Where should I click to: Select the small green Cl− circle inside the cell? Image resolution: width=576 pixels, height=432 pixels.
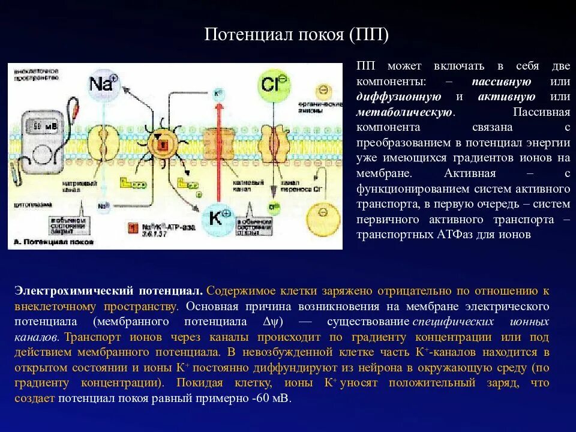(274, 208)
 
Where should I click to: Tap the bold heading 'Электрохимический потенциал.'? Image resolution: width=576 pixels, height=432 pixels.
(109, 291)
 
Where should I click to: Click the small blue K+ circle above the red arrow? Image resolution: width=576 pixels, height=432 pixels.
(218, 94)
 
